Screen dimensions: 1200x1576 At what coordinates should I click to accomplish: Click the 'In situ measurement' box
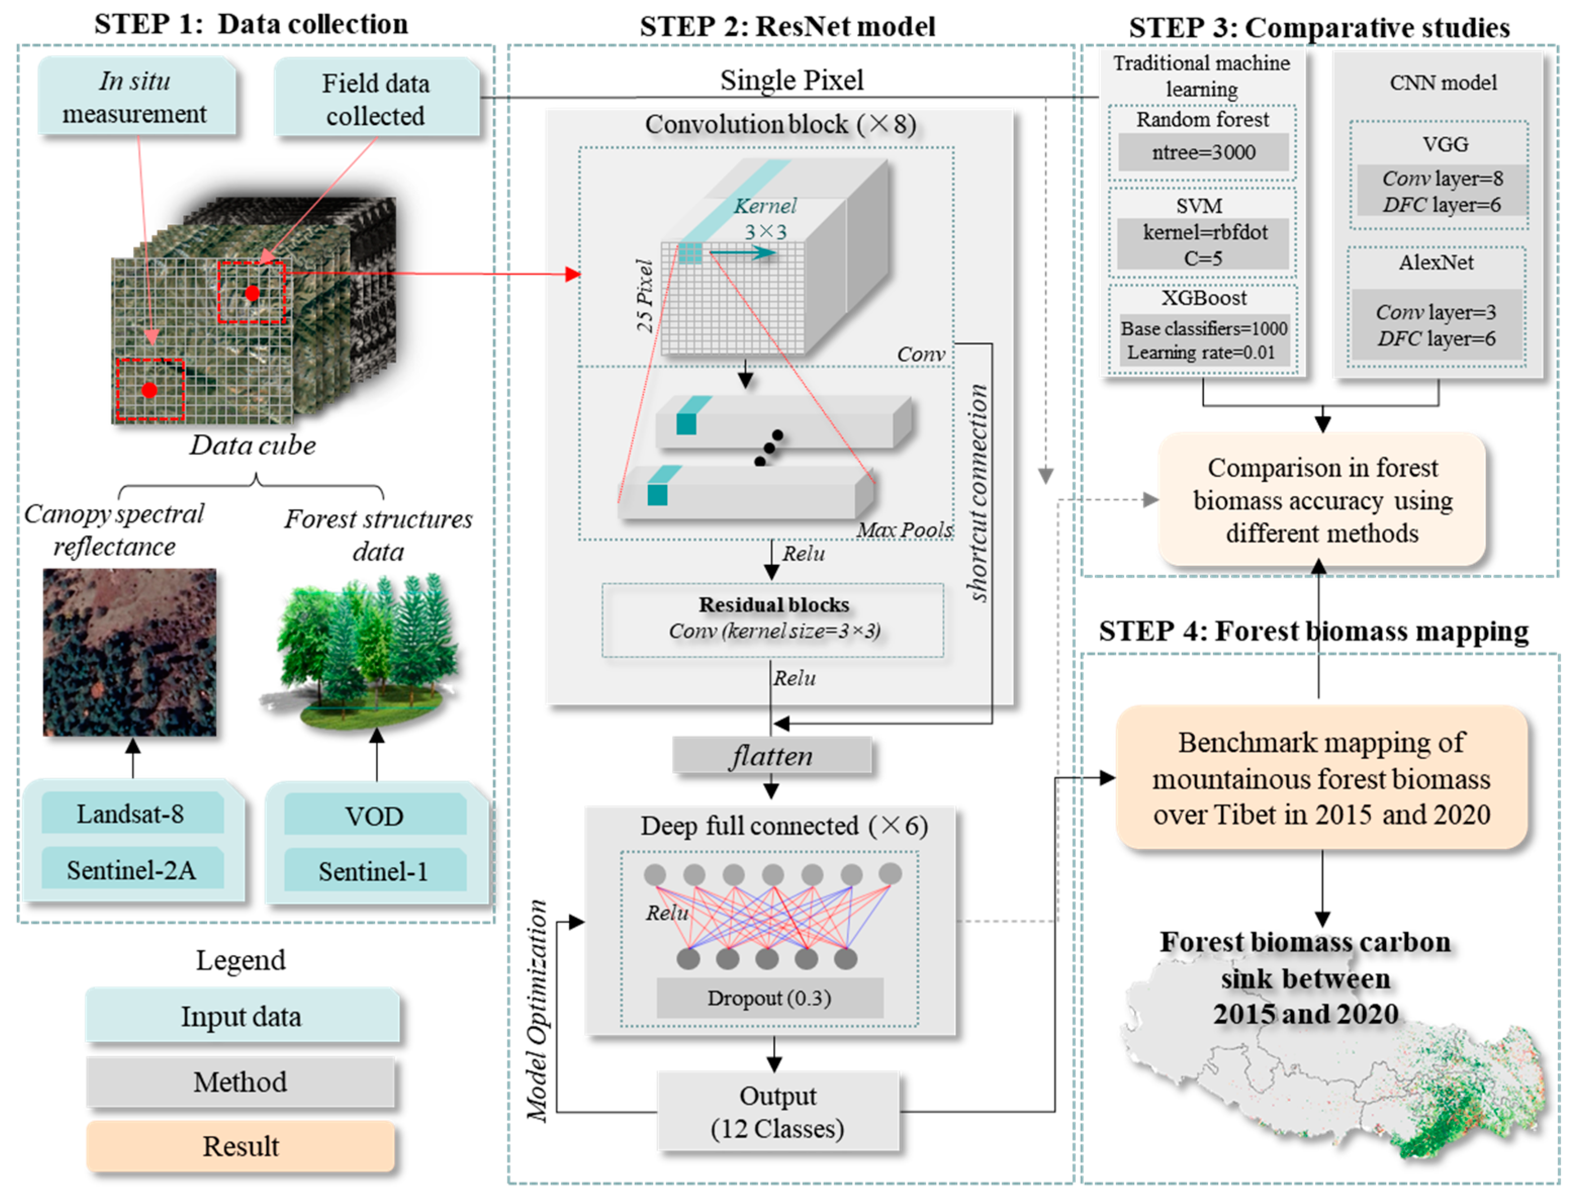click(x=135, y=97)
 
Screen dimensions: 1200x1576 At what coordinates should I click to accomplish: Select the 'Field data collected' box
click(x=377, y=99)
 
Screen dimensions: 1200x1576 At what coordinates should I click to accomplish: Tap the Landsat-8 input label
click(x=131, y=814)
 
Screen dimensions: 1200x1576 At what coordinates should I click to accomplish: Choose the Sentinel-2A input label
click(x=131, y=870)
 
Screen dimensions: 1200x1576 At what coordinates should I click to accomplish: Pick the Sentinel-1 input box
click(x=374, y=871)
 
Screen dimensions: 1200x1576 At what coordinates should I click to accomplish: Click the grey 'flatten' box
click(x=771, y=756)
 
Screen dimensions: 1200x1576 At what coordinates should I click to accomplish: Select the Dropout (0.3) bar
click(x=769, y=998)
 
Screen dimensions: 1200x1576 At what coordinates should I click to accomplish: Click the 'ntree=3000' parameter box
click(x=1203, y=152)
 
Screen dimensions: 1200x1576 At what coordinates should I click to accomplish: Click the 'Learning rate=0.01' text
click(x=1201, y=352)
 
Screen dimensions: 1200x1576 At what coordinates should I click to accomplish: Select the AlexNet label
click(x=1435, y=262)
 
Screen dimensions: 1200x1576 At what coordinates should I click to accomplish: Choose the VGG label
click(x=1445, y=144)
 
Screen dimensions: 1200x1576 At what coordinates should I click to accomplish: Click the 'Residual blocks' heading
click(x=773, y=604)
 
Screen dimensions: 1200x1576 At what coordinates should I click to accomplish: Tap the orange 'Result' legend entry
click(x=241, y=1146)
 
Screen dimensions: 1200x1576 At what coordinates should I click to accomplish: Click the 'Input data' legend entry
click(x=241, y=1016)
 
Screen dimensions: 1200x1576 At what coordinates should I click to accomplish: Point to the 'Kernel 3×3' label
click(x=765, y=218)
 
